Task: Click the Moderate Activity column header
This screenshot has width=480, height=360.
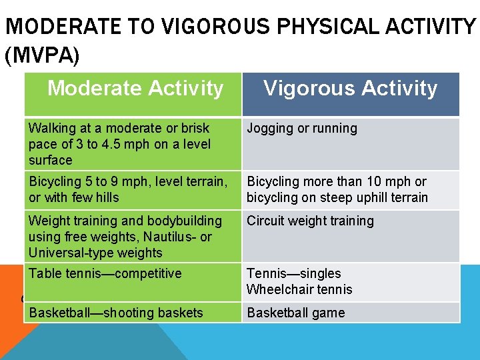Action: coord(135,89)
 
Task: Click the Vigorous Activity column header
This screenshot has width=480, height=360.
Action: coord(351,89)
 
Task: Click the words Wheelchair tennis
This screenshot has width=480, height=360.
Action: coord(299,289)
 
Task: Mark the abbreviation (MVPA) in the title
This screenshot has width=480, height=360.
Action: coord(42,56)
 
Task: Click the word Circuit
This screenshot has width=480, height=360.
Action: coord(266,221)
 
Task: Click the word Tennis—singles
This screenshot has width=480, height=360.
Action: coord(294,273)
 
